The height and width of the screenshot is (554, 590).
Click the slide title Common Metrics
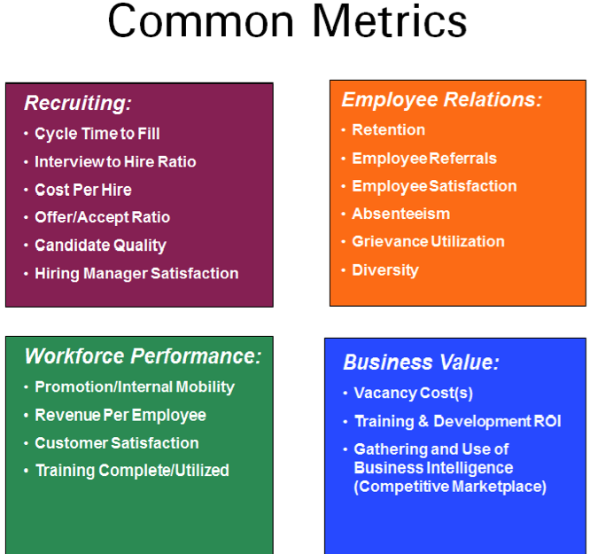[x=287, y=20]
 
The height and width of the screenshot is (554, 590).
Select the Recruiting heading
[x=78, y=103]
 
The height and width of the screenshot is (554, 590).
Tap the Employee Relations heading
[x=442, y=100]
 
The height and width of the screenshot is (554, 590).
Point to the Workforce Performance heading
[x=143, y=356]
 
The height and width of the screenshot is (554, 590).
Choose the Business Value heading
[x=421, y=362]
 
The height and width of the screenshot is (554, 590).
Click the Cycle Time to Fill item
[x=97, y=134]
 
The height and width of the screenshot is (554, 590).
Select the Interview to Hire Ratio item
[x=115, y=162]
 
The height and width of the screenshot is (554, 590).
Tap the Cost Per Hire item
[x=83, y=190]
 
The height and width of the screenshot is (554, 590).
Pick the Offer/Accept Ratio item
[x=103, y=218]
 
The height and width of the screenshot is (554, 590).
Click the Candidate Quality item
[x=100, y=246]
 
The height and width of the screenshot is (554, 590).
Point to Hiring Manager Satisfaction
[x=136, y=274]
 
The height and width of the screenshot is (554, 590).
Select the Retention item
[x=388, y=130]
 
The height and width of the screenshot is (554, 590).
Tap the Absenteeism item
[x=400, y=214]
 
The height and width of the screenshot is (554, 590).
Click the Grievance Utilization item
[x=428, y=242]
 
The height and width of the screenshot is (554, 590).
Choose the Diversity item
[x=385, y=270]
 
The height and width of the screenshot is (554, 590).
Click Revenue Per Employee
[x=120, y=416]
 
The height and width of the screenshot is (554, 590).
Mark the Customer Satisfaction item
[x=117, y=443]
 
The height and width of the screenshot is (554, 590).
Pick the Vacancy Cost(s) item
[x=413, y=394]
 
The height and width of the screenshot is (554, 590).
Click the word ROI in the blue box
[x=547, y=421]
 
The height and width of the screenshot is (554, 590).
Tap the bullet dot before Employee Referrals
[x=343, y=159]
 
